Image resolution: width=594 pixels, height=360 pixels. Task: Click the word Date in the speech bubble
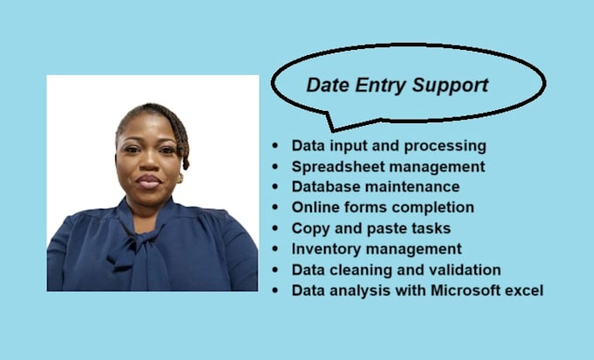point(323,86)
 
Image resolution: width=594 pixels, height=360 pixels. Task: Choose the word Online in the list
point(314,207)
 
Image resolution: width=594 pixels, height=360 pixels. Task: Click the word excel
point(522,290)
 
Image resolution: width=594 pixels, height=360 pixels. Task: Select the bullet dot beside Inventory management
point(277,249)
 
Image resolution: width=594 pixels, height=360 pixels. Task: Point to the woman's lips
point(148,183)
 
